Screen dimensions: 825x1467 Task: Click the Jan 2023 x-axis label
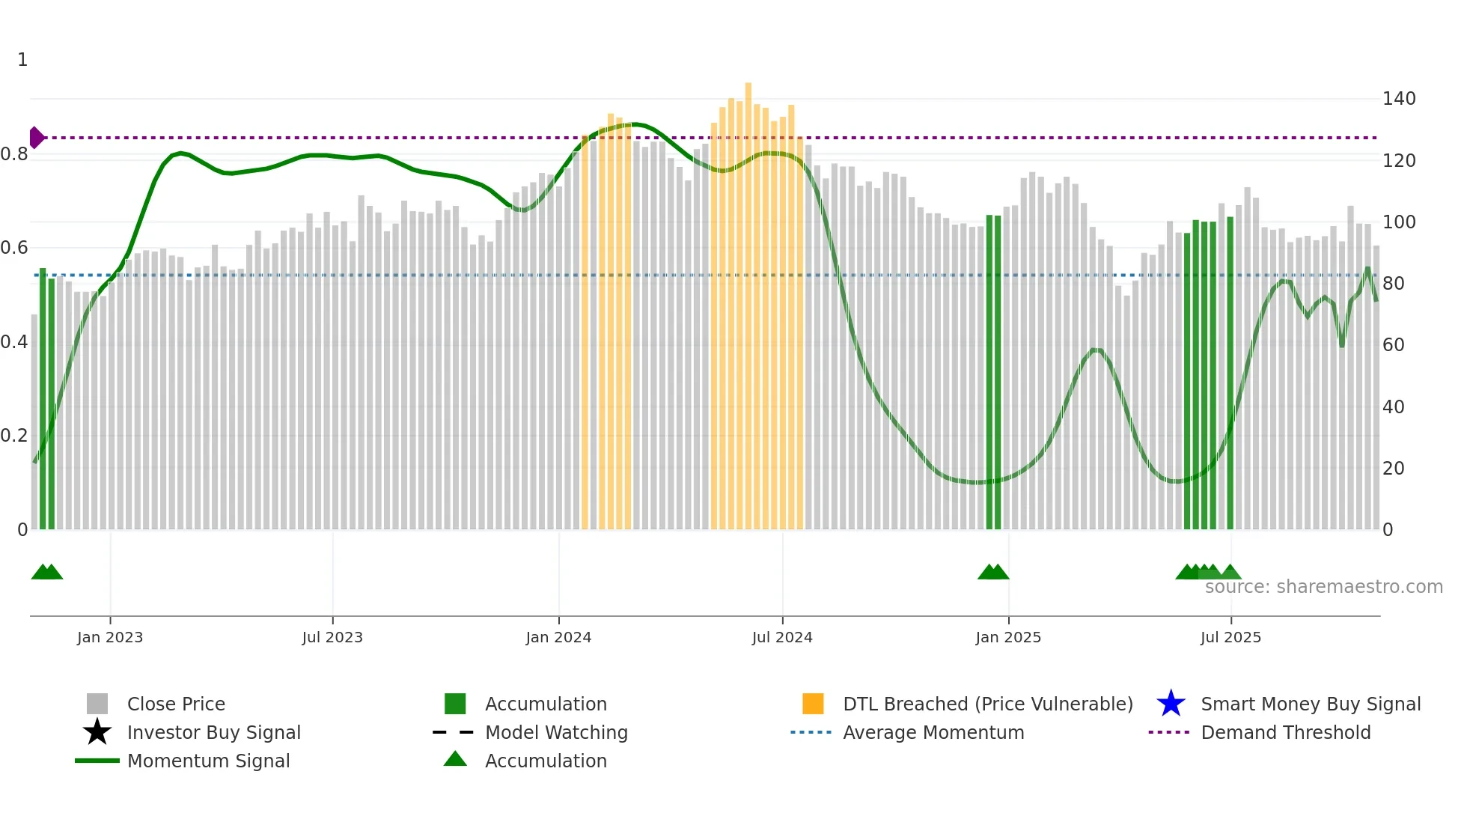[110, 637]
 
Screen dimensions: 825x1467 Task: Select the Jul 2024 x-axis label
[782, 637]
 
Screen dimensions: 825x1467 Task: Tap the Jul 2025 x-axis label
[1230, 637]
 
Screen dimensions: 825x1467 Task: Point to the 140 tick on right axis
[1399, 99]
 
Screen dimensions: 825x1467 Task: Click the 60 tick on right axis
[1394, 345]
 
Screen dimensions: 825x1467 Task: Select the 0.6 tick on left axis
[14, 248]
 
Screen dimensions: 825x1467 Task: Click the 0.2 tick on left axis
[14, 436]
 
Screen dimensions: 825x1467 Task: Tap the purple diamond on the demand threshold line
[36, 138]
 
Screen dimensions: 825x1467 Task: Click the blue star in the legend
[1171, 704]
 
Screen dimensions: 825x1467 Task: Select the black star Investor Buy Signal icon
[97, 732]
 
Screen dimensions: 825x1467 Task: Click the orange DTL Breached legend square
[813, 704]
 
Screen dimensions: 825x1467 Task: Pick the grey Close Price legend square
[97, 704]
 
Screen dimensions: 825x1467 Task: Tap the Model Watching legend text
[556, 732]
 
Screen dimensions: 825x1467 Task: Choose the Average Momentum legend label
[933, 732]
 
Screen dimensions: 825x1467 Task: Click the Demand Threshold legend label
[1285, 732]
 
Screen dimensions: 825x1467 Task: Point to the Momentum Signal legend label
[208, 761]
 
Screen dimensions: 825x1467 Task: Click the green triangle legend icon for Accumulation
[455, 759]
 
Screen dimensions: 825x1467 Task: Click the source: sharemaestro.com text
[1323, 587]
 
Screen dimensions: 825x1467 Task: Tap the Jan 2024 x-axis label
[558, 637]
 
